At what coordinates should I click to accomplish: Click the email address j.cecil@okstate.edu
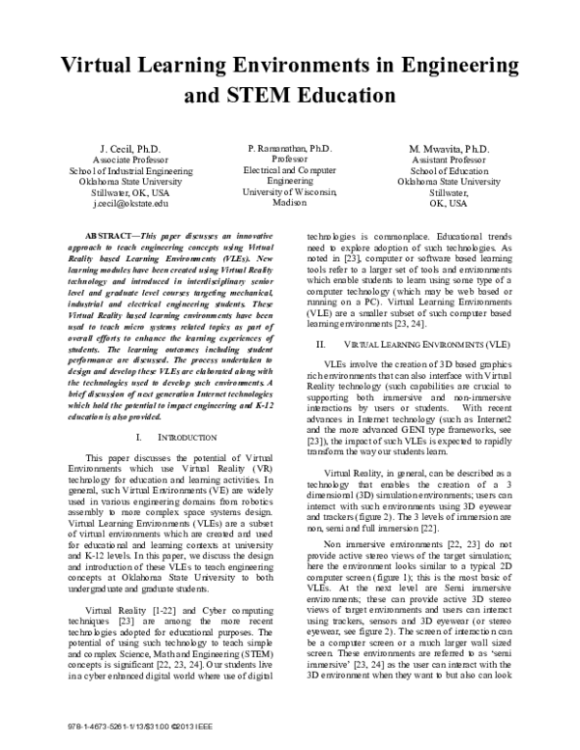(x=130, y=204)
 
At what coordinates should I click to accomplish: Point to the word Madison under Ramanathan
(x=289, y=204)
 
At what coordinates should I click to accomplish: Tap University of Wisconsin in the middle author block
(x=289, y=191)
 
